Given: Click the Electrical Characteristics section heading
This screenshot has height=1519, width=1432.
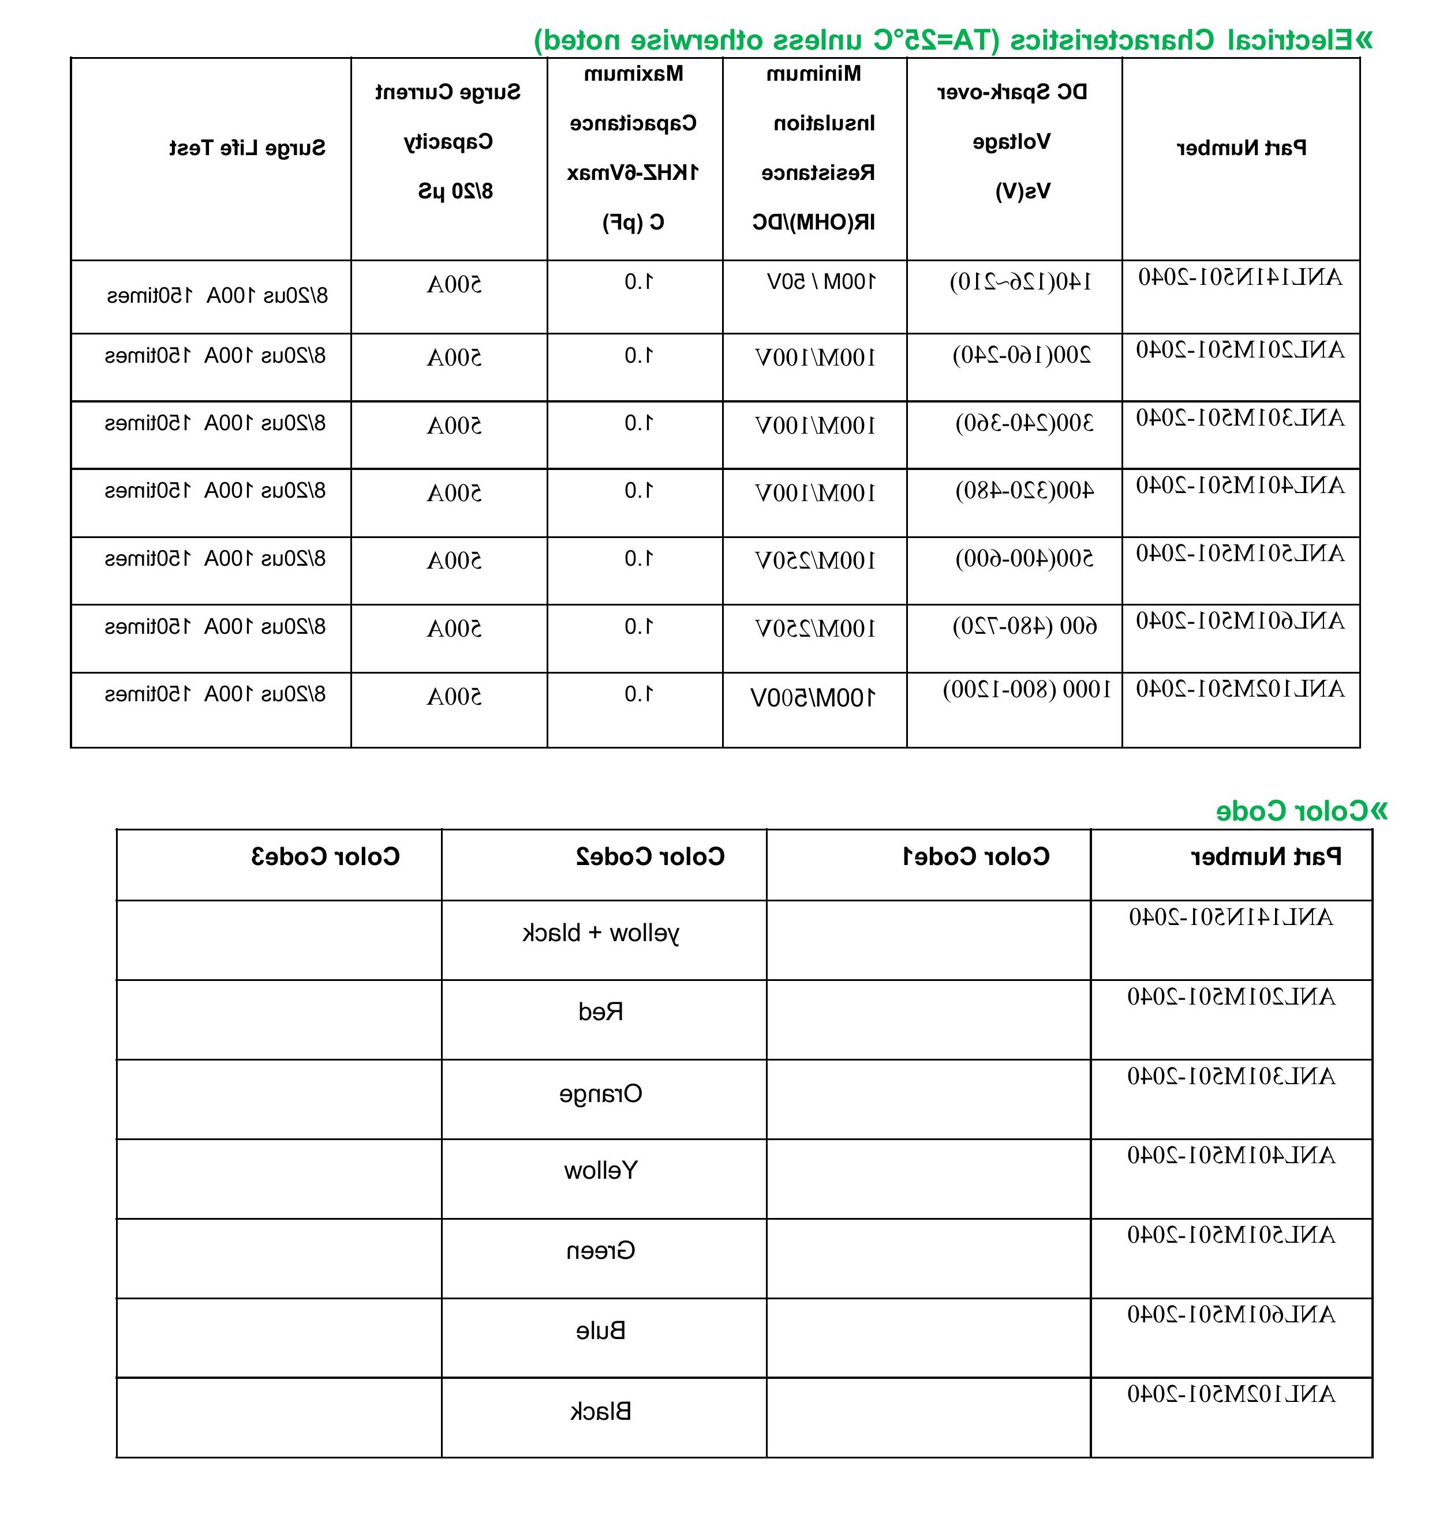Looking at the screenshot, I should tap(952, 40).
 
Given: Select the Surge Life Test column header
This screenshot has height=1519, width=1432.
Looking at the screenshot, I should tap(247, 148).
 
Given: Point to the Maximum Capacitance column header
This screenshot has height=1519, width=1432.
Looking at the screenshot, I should tap(633, 148).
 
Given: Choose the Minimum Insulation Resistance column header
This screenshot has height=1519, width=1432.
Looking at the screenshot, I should tap(814, 148).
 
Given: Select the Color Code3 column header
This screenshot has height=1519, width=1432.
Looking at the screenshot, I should tap(325, 856).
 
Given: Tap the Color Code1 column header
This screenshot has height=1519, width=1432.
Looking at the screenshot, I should tap(977, 856).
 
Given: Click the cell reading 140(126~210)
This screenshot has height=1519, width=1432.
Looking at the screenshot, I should tap(1020, 283).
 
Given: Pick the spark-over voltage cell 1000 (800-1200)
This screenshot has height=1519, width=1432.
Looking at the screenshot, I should tap(1026, 689).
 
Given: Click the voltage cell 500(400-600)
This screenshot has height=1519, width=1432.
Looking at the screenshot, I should tap(1025, 559).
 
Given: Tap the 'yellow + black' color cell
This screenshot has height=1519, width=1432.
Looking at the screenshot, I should tap(600, 933).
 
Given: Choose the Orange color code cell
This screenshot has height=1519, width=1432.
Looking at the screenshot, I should tap(601, 1094).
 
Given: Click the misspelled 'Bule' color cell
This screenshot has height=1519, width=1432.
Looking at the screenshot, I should tap(601, 1331).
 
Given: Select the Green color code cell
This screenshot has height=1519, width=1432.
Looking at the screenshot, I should tap(601, 1251).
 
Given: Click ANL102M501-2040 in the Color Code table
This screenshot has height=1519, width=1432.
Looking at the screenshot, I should tap(1231, 1394).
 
